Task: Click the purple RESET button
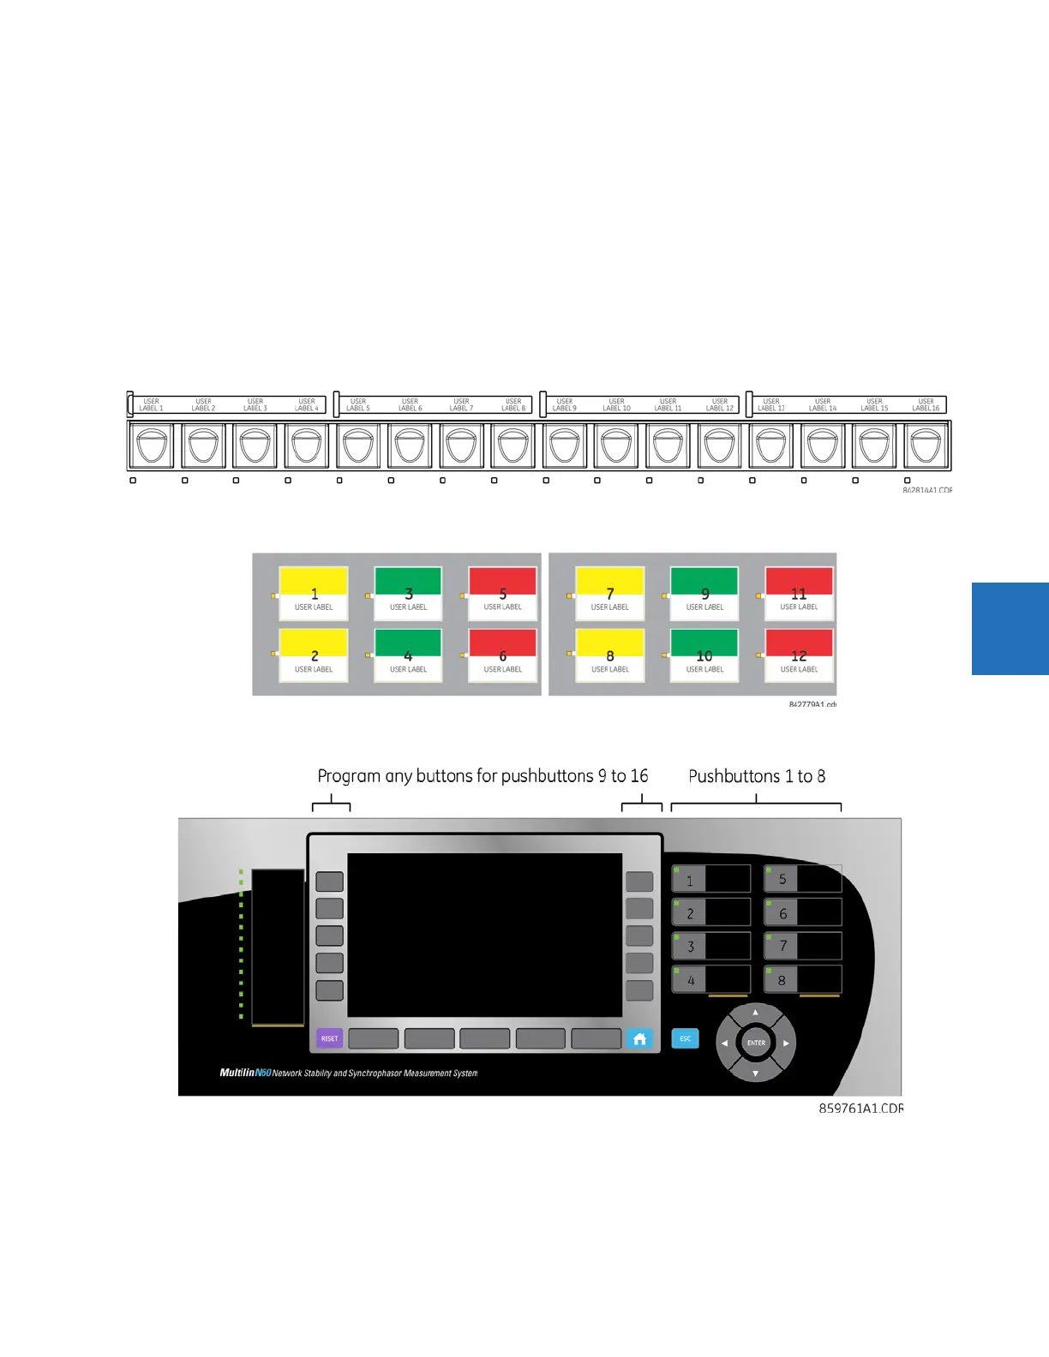point(329,1038)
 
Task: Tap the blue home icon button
point(639,1038)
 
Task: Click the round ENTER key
point(756,1043)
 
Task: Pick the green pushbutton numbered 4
point(408,655)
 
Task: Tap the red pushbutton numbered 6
point(502,655)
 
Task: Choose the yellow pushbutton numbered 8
point(609,655)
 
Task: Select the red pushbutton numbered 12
point(799,655)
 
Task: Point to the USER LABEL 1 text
point(151,404)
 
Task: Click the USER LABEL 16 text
point(926,404)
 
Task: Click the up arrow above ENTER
point(755,1013)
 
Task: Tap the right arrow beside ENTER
point(786,1043)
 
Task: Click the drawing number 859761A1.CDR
point(860,1109)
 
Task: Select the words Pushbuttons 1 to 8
point(757,776)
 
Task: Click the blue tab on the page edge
point(1010,629)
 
